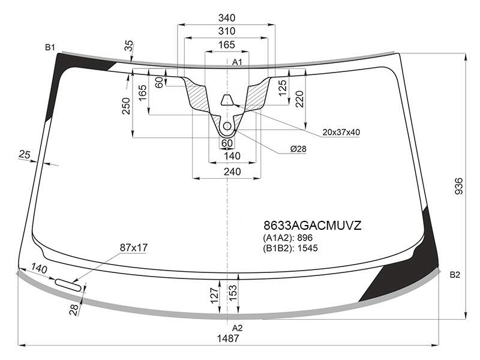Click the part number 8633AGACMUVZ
[313, 226]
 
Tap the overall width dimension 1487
[228, 338]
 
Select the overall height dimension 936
[458, 186]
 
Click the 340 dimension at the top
[227, 18]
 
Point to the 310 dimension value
[227, 31]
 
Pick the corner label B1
[50, 47]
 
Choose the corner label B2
[455, 275]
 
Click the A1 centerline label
[237, 62]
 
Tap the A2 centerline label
[237, 328]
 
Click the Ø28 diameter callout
[298, 149]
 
